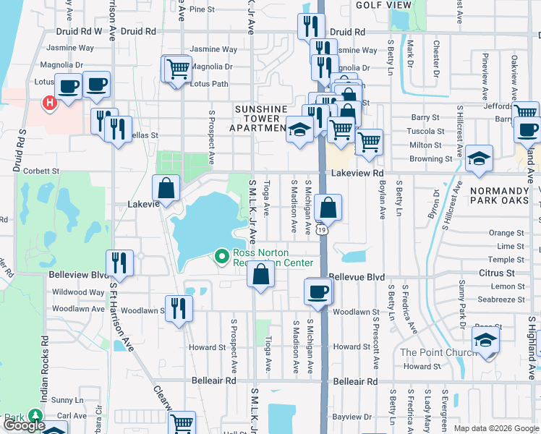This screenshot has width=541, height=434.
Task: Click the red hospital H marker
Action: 49,104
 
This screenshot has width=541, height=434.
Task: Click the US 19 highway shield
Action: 318,229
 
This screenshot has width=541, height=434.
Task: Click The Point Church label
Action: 438,352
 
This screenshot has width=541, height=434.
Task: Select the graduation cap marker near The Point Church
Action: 486,341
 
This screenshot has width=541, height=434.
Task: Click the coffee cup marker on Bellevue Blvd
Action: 319,292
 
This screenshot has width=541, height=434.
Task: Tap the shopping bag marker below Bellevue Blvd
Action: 261,275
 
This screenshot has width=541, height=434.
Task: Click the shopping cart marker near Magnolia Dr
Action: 177,69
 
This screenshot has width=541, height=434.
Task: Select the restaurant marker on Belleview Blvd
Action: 119,263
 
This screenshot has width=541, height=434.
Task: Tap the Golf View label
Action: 383,5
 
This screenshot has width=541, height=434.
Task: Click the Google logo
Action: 24,426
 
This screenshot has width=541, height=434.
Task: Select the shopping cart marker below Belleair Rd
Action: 182,422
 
